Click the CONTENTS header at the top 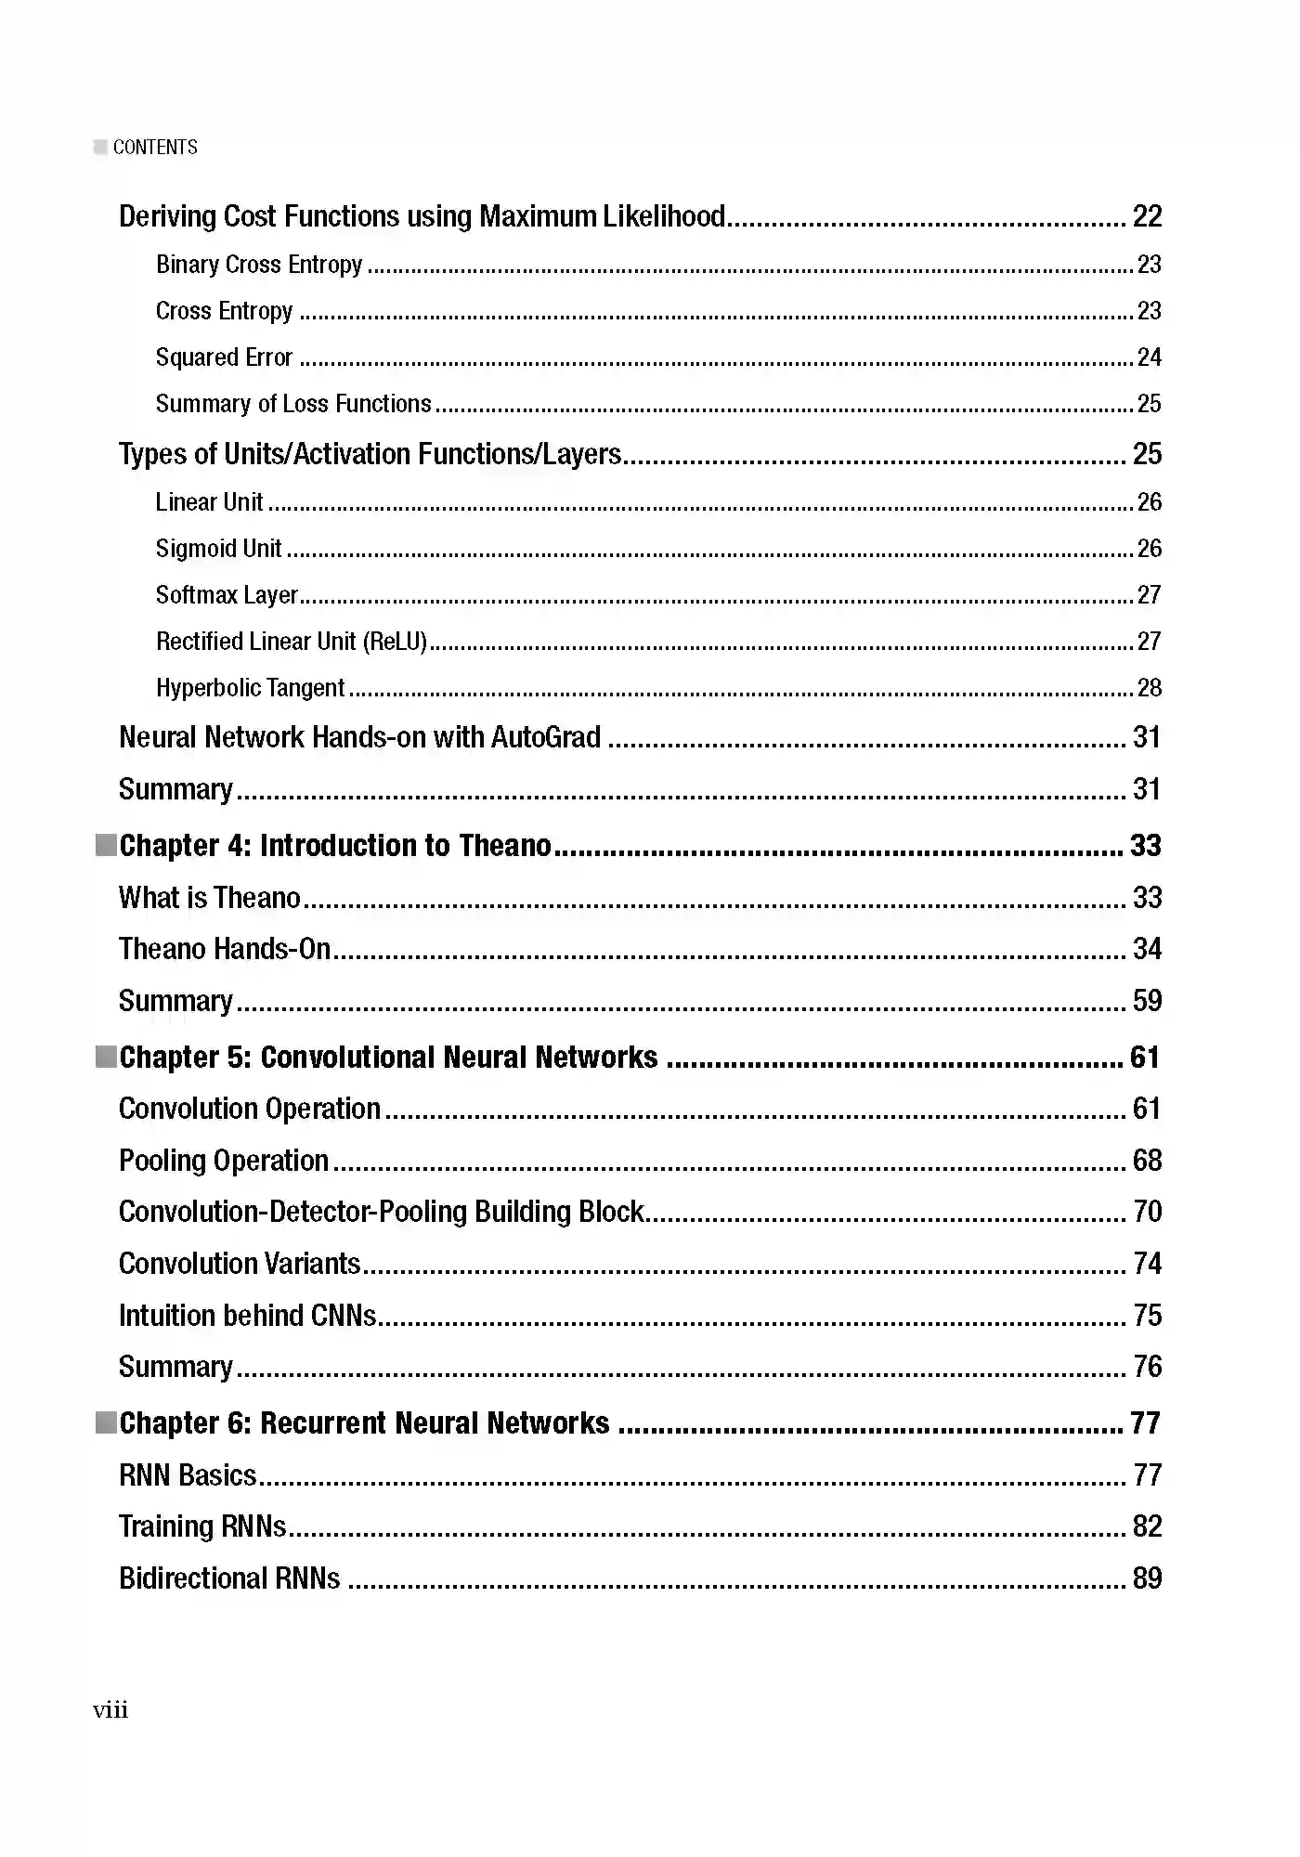[154, 148]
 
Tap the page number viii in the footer [110, 1710]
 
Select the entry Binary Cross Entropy [259, 265]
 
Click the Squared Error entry [224, 357]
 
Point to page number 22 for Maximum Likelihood [1147, 216]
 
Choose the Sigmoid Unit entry [218, 549]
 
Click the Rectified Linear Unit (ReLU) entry [291, 642]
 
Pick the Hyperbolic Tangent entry [250, 688]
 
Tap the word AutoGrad [545, 737]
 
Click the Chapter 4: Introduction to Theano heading [335, 846]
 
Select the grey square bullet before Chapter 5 [106, 1057]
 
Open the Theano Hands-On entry [225, 949]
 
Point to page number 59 [1147, 1001]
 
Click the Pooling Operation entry [224, 1161]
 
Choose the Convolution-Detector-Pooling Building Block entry [381, 1212]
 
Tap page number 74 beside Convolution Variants [1147, 1264]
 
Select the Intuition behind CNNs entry [247, 1316]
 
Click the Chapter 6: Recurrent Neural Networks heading [364, 1423]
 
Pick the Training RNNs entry [202, 1526]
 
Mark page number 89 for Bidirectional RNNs [1147, 1578]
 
